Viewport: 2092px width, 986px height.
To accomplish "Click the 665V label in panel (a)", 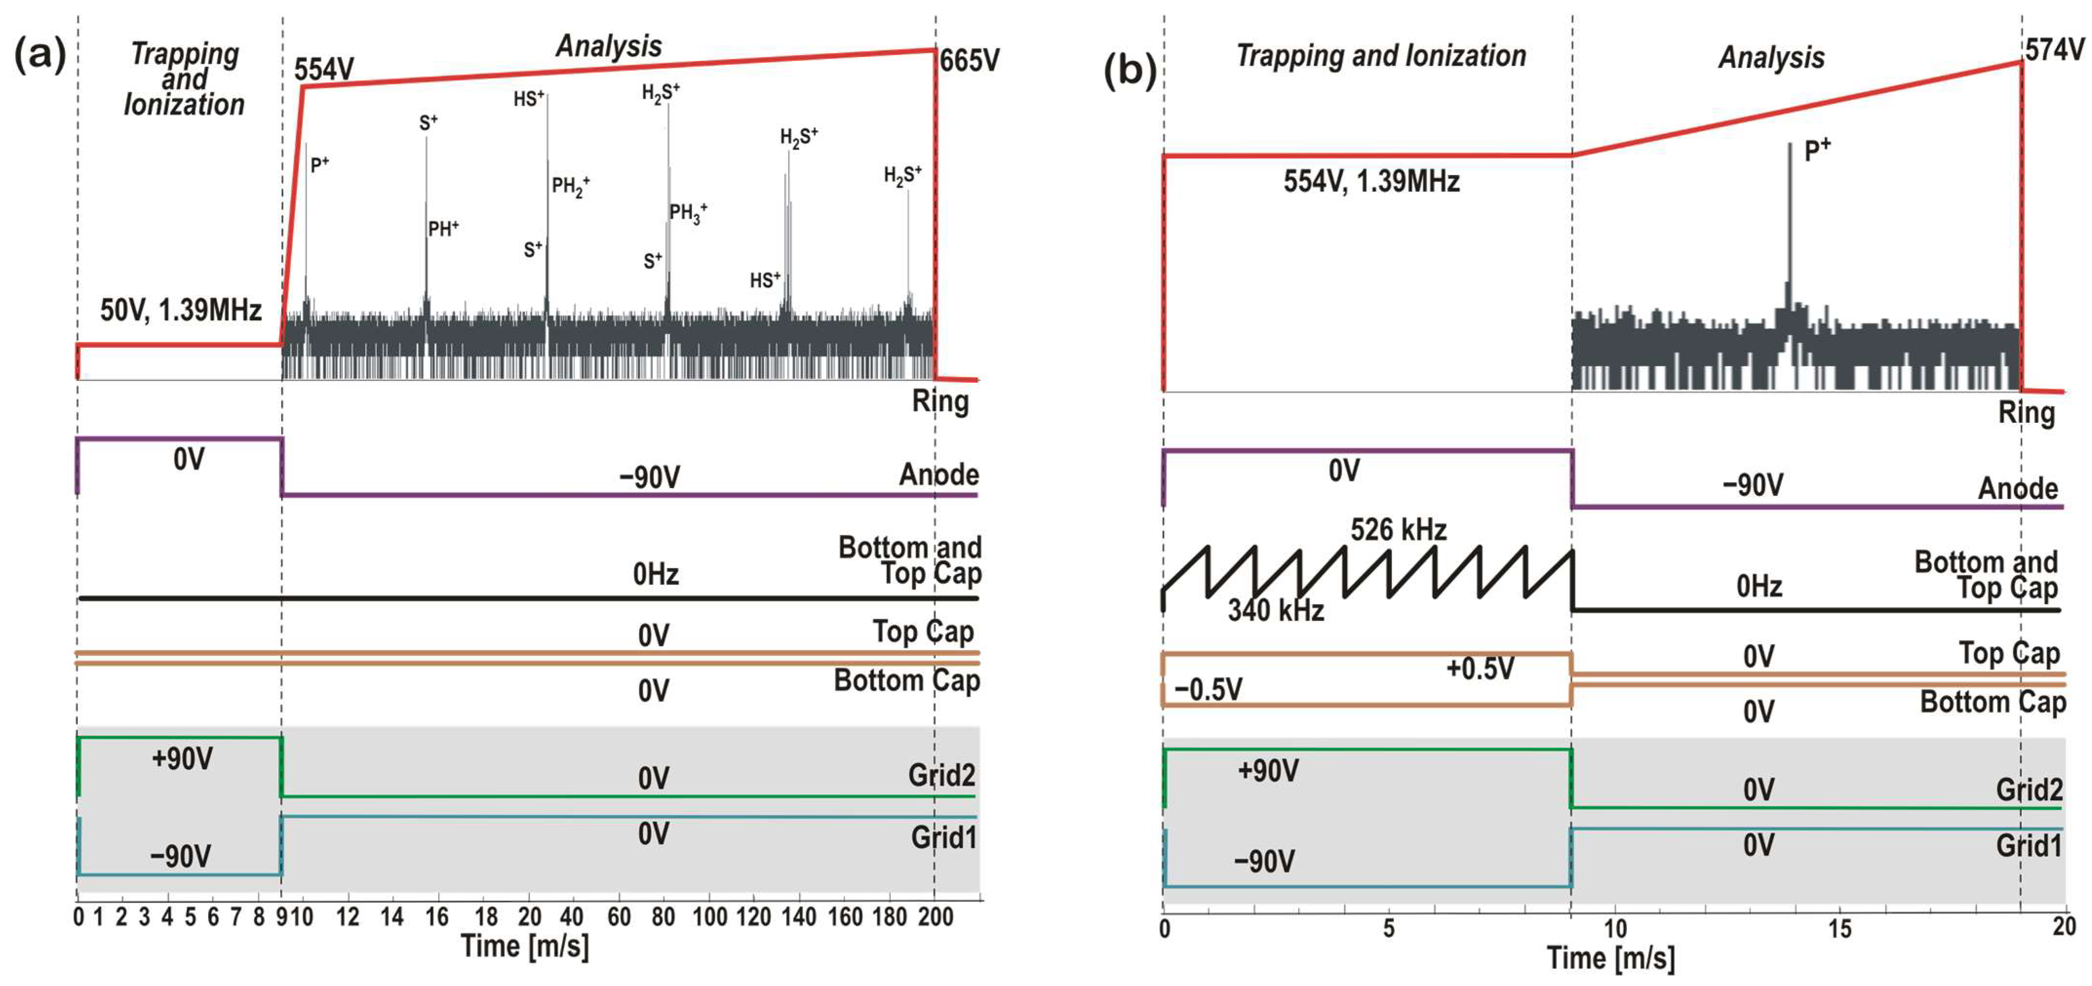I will pyautogui.click(x=969, y=61).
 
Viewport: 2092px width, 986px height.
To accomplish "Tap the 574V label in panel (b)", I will pyautogui.click(x=2054, y=50).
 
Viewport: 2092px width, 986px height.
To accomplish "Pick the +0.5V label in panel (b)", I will pyautogui.click(x=1480, y=669).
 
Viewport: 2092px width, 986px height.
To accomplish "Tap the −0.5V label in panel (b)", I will pyautogui.click(x=1208, y=690).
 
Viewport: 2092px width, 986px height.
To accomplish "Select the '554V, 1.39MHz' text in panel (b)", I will pyautogui.click(x=1371, y=181).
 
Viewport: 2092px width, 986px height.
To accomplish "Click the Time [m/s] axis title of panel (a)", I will pyautogui.click(x=524, y=946).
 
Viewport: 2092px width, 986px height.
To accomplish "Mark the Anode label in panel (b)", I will pyautogui.click(x=2017, y=489).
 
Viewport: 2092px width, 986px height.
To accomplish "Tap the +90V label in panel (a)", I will pyautogui.click(x=182, y=759).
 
